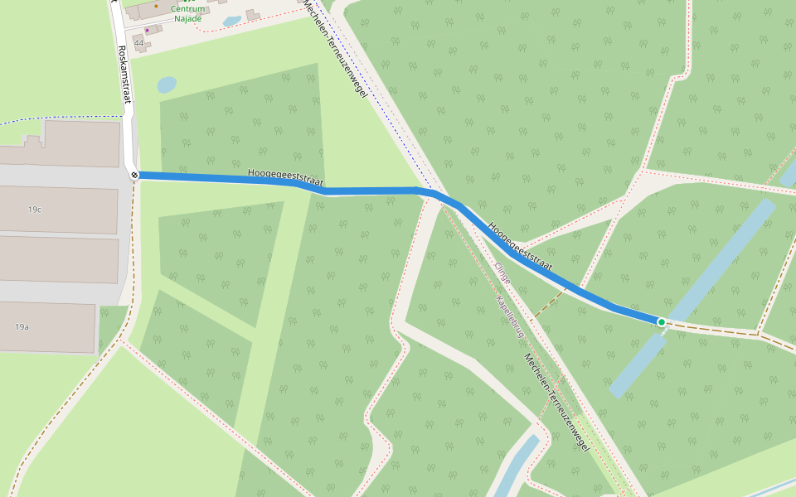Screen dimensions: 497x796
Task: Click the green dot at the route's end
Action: pyautogui.click(x=662, y=321)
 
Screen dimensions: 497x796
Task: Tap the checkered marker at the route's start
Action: pyautogui.click(x=134, y=175)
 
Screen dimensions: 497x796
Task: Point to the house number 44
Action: pyautogui.click(x=138, y=42)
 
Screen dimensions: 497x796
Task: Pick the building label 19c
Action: pyautogui.click(x=34, y=210)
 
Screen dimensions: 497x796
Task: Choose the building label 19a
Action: pyautogui.click(x=22, y=327)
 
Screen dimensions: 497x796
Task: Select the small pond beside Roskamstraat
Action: pyautogui.click(x=167, y=84)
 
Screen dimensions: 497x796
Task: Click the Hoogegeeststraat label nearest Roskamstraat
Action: pyautogui.click(x=285, y=177)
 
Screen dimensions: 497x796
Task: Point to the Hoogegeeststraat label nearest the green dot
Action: pyautogui.click(x=520, y=246)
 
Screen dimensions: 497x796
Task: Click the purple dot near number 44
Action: pyautogui.click(x=148, y=31)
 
